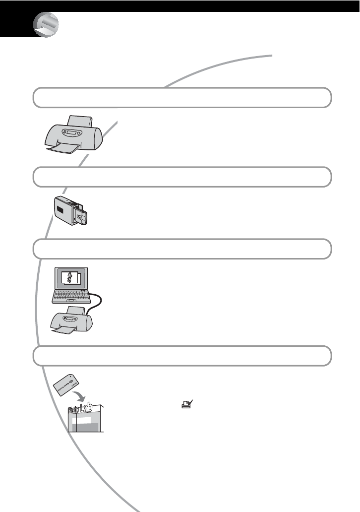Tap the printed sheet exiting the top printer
(x=62, y=151)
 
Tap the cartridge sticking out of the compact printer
(x=81, y=217)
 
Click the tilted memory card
(x=66, y=385)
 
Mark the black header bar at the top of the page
(x=198, y=5)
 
